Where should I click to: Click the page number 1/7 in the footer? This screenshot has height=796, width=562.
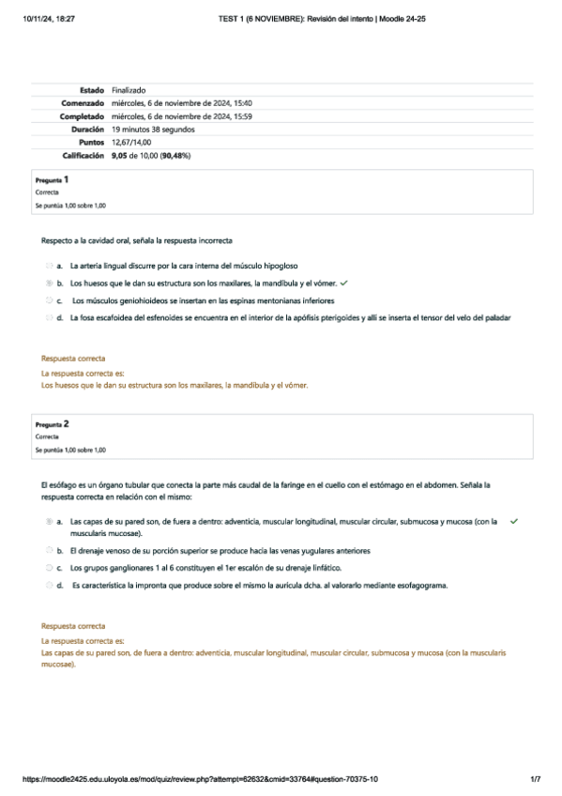coord(536,779)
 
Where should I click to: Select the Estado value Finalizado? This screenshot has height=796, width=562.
coord(129,90)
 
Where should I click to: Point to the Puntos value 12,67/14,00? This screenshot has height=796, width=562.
coord(131,142)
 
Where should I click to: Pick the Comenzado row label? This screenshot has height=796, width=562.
coord(82,103)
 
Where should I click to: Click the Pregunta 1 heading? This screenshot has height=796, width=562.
coord(52,179)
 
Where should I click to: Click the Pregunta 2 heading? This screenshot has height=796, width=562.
coord(52,424)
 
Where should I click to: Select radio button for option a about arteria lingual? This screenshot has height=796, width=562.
coord(48,266)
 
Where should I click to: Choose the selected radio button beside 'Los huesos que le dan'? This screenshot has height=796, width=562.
coord(48,283)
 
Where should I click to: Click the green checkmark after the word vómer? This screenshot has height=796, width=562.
coord(344,283)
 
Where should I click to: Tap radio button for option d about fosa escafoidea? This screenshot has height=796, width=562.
coord(48,318)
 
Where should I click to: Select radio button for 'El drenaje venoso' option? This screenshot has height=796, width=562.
coord(48,551)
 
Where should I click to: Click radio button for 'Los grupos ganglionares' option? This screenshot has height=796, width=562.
coord(48,568)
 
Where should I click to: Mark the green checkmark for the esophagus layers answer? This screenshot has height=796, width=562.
coord(514,521)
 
